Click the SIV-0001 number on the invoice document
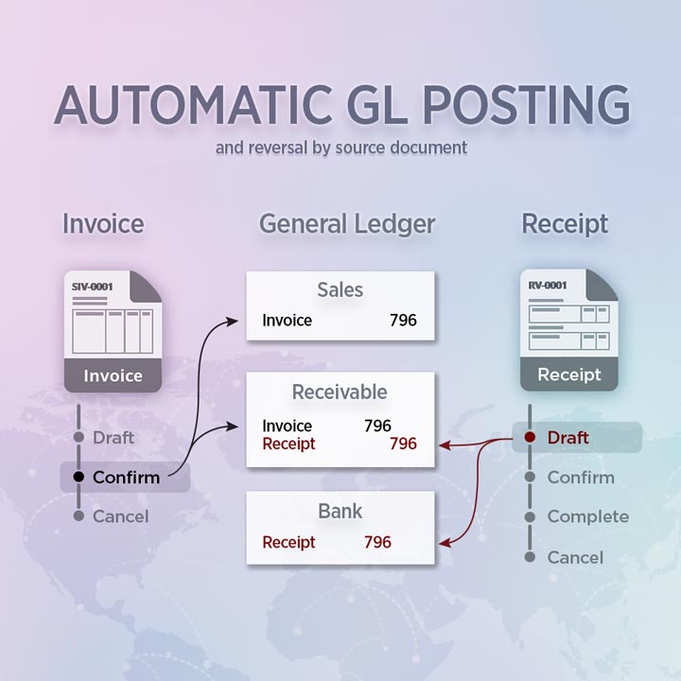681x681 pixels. point(92,287)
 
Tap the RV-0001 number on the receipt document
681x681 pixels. point(548,286)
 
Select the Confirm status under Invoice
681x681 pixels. point(127,478)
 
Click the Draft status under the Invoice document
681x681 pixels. point(113,437)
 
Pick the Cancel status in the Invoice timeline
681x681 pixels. point(121,516)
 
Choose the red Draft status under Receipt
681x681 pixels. point(568,437)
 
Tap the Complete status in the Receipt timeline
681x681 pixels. point(588,516)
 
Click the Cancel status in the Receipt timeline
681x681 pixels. point(575,557)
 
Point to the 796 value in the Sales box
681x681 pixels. point(403,320)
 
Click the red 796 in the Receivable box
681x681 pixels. point(403,444)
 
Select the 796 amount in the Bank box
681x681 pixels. point(377,542)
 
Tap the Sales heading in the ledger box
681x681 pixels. point(340,289)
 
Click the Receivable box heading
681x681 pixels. point(340,392)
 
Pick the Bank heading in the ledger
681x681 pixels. point(340,511)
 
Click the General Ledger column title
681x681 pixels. point(347,223)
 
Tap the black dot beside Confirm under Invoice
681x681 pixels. point(79,477)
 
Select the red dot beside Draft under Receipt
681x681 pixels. point(530,437)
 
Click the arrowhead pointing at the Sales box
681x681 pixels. point(233,322)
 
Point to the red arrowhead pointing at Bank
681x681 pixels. point(445,543)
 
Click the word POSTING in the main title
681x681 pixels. point(527,105)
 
